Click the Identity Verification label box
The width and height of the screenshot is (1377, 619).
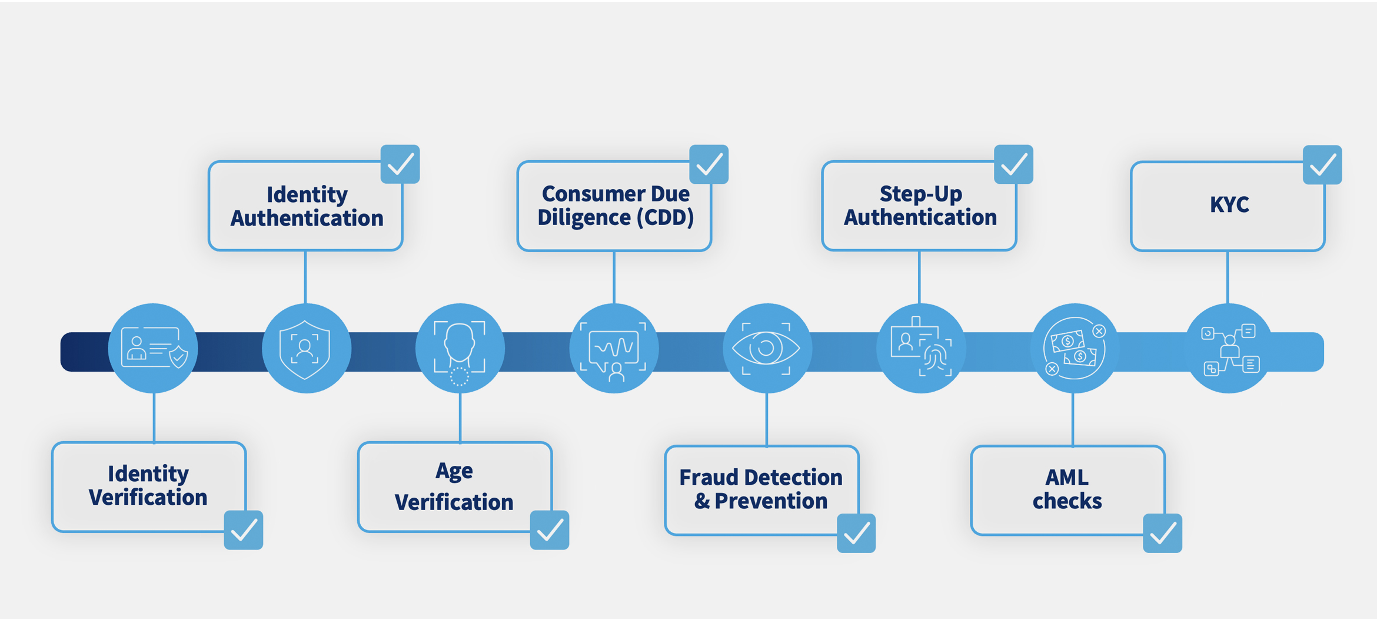tap(148, 486)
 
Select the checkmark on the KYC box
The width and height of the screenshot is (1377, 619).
tap(1322, 165)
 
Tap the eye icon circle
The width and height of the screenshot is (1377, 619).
tap(767, 348)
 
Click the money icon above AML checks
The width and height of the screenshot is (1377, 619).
tap(1074, 348)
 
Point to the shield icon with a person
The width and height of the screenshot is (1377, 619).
tap(306, 348)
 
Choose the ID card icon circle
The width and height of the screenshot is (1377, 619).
tap(153, 348)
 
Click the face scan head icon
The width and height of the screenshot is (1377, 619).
tap(460, 348)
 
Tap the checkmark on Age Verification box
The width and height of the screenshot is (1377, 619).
tap(549, 530)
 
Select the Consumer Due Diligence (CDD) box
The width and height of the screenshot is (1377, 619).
tap(614, 206)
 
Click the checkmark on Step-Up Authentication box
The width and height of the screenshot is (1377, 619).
tap(1013, 164)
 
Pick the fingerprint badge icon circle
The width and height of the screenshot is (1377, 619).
tap(921, 348)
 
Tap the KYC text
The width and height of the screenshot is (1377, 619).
tap(1229, 204)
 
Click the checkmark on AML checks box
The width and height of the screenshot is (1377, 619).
tap(1162, 534)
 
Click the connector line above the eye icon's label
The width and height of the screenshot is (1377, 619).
tap(767, 419)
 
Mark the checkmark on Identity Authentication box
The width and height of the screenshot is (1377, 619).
tap(400, 164)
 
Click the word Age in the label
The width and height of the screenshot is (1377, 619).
tap(454, 471)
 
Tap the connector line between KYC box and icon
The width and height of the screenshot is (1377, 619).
tap(1228, 277)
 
